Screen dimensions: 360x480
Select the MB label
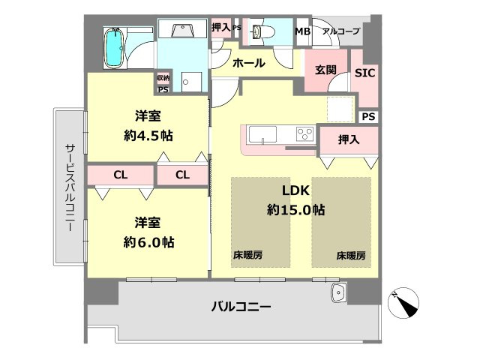pos(302,31)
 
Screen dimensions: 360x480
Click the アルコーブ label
pos(340,31)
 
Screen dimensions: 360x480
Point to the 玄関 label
pos(325,70)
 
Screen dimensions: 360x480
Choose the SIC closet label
pos(364,73)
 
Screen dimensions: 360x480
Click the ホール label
pos(249,64)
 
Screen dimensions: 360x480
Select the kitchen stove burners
pos(304,135)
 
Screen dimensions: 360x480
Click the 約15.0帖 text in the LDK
pos(295,211)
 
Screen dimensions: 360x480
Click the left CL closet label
pos(119,175)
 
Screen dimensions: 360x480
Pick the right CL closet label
pos(181,175)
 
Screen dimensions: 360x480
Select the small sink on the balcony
pos(337,292)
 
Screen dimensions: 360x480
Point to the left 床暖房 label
pos(247,256)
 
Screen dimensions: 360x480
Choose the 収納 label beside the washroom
pos(163,77)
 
